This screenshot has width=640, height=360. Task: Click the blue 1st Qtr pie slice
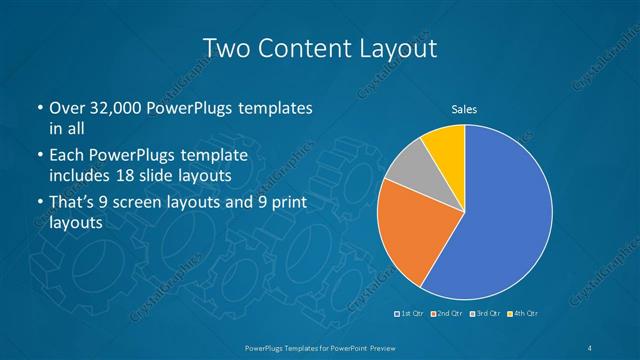[x=500, y=215]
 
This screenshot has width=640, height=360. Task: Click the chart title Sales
[x=464, y=108]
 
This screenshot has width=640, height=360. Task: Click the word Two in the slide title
[x=226, y=47]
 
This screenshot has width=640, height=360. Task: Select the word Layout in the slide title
[x=398, y=47]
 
